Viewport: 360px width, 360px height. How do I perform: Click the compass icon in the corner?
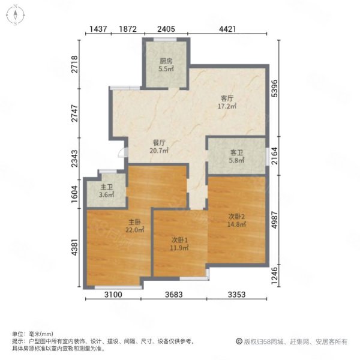tap(16, 15)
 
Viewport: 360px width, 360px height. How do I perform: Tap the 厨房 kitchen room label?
tap(166, 61)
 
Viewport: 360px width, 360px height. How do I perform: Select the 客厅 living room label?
tap(227, 98)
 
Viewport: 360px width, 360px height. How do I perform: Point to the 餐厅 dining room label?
tap(159, 143)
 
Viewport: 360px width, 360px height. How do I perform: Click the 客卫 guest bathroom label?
tap(236, 152)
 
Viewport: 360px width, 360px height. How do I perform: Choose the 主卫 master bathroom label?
tap(107, 187)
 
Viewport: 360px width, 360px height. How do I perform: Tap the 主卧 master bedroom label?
tap(134, 222)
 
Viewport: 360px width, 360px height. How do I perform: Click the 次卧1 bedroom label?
tap(180, 240)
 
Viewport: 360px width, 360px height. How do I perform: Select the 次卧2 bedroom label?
tap(236, 216)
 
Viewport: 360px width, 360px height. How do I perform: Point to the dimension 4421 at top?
tap(227, 29)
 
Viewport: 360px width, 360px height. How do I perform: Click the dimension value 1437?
tap(98, 29)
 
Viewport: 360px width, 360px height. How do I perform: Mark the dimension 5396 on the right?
tap(274, 88)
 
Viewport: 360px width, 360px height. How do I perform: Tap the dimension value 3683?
tap(174, 295)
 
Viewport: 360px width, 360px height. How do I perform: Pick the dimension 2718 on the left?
tap(74, 64)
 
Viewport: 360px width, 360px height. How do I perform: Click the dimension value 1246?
tap(274, 275)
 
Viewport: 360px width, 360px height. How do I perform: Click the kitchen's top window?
tap(165, 40)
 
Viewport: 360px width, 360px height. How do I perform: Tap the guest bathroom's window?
tap(267, 156)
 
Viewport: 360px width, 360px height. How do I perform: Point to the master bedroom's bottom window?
tap(118, 287)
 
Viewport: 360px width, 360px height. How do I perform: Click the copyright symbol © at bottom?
tap(239, 341)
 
